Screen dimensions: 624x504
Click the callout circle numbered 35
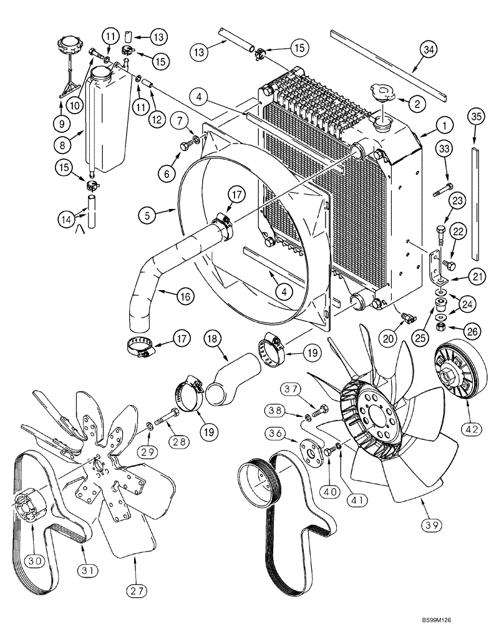click(x=477, y=118)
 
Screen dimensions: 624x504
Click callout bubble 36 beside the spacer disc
click(x=276, y=433)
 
